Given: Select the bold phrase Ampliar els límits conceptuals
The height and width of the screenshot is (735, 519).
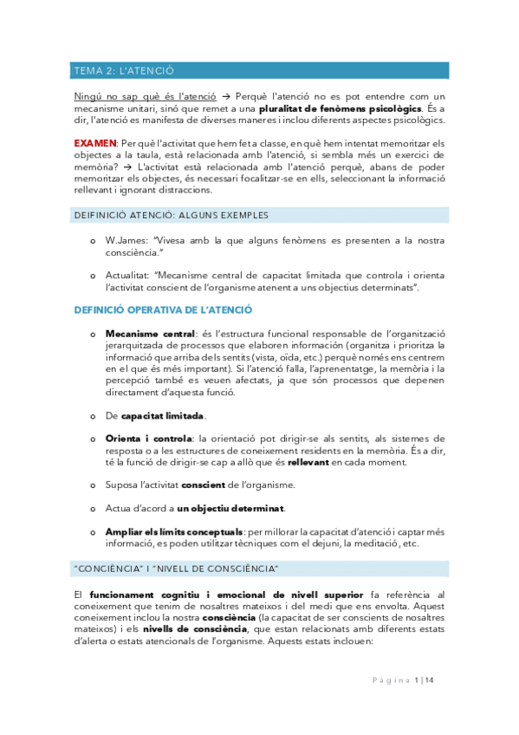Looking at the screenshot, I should pos(174,531).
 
